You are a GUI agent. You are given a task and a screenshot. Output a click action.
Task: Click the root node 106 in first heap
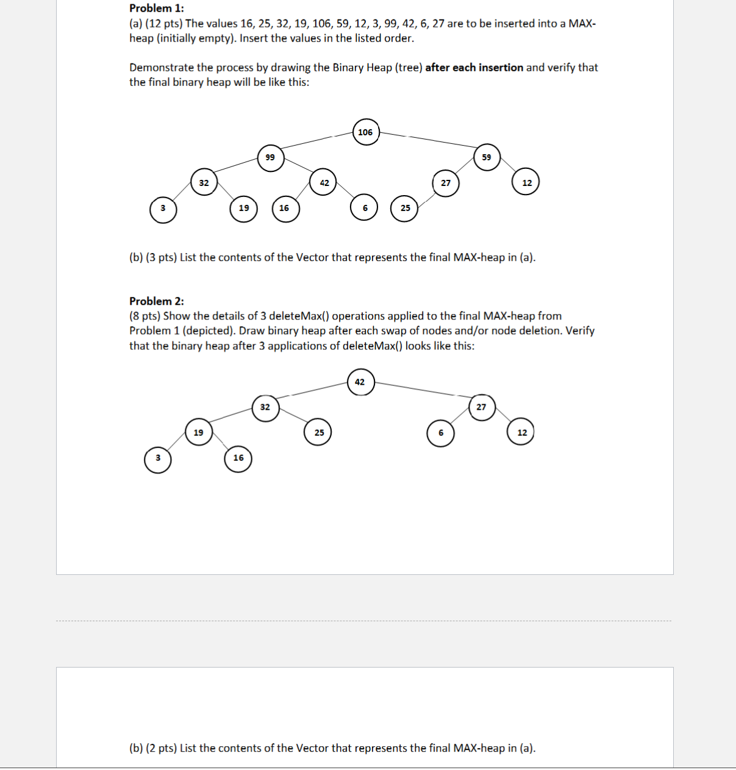[365, 132]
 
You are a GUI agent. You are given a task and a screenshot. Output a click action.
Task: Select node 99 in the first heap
[270, 157]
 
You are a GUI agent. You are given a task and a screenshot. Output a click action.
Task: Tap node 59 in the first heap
[486, 157]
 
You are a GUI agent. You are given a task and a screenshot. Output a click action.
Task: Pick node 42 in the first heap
[324, 182]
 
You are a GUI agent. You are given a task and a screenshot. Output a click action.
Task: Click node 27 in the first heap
[446, 182]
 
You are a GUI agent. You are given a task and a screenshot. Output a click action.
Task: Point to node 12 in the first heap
[527, 182]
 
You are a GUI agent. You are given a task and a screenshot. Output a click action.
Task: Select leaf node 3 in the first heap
[163, 209]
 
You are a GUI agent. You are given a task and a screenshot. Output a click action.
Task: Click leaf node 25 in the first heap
[405, 209]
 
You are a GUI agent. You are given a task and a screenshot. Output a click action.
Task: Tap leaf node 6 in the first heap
[365, 209]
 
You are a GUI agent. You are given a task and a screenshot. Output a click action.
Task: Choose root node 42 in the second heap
[360, 382]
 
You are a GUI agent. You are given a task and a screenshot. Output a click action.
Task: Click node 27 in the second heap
[481, 407]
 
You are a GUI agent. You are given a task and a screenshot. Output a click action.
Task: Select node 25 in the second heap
[319, 433]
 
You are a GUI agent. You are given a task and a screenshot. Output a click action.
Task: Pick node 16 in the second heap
[238, 458]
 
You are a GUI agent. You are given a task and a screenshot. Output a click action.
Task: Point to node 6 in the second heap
[441, 433]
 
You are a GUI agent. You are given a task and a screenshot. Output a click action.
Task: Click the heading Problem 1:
[156, 9]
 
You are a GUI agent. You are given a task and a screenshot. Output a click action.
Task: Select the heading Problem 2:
[156, 301]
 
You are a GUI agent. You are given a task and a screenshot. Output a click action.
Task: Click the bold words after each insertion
[474, 68]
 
